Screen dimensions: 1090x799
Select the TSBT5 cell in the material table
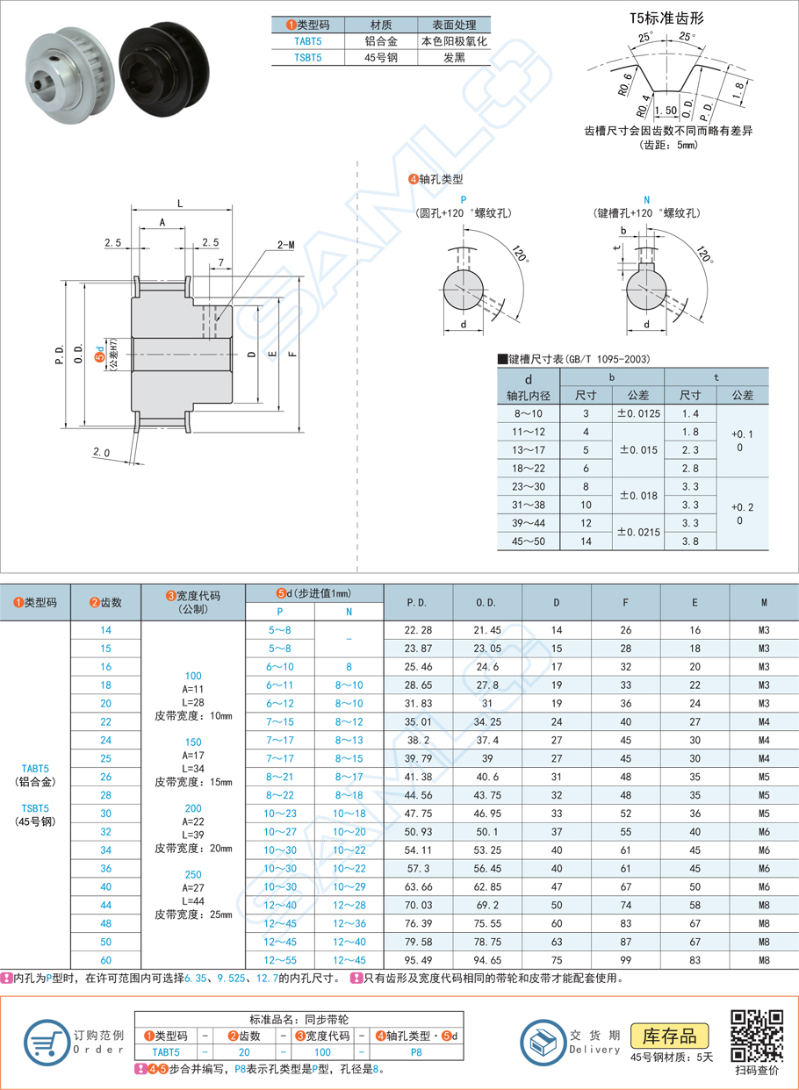[x=307, y=58]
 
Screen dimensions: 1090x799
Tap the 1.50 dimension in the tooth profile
[x=666, y=111]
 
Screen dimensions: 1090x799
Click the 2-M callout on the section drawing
[x=285, y=245]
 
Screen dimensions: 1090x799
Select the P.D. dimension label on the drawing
[x=60, y=354]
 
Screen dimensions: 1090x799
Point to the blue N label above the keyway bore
[x=646, y=200]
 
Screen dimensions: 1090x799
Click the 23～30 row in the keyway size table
[x=528, y=486]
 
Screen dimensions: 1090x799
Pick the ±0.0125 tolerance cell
[x=639, y=413]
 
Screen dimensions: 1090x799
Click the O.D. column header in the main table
[x=487, y=603]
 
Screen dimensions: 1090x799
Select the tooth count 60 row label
[x=106, y=959]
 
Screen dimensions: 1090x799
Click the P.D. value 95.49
[x=419, y=959]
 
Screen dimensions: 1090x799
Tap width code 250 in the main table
[x=192, y=874]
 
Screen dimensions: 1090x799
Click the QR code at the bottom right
[x=756, y=1036]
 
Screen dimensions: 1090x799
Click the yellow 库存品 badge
[x=670, y=1036]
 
